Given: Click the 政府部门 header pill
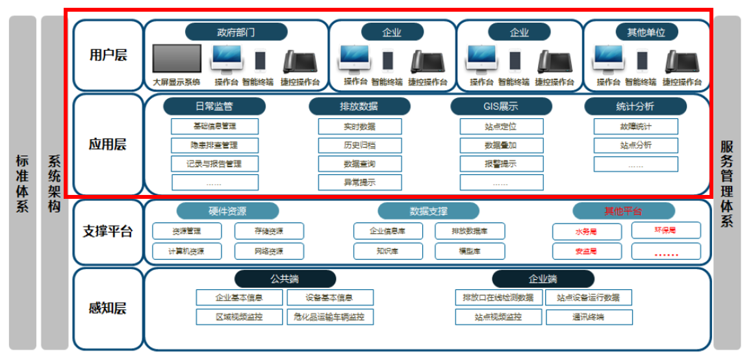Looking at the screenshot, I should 236,32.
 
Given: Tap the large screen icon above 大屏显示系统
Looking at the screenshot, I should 177,59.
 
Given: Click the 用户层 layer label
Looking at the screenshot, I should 108,55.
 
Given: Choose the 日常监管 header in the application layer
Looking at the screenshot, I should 214,107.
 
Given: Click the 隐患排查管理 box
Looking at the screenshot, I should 215,144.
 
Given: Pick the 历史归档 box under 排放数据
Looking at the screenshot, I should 359,145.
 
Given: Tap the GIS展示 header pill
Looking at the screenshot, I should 501,107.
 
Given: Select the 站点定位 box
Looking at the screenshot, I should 500,126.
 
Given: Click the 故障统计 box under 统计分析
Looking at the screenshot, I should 635,126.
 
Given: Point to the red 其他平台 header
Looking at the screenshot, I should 623,211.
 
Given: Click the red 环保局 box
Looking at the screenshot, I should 665,230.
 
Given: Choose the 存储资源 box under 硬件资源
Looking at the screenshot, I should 268,231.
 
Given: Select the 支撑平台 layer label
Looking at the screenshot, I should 108,231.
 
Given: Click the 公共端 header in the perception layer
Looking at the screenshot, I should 285,279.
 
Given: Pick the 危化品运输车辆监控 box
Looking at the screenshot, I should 330,317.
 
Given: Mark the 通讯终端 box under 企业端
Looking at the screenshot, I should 589,317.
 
